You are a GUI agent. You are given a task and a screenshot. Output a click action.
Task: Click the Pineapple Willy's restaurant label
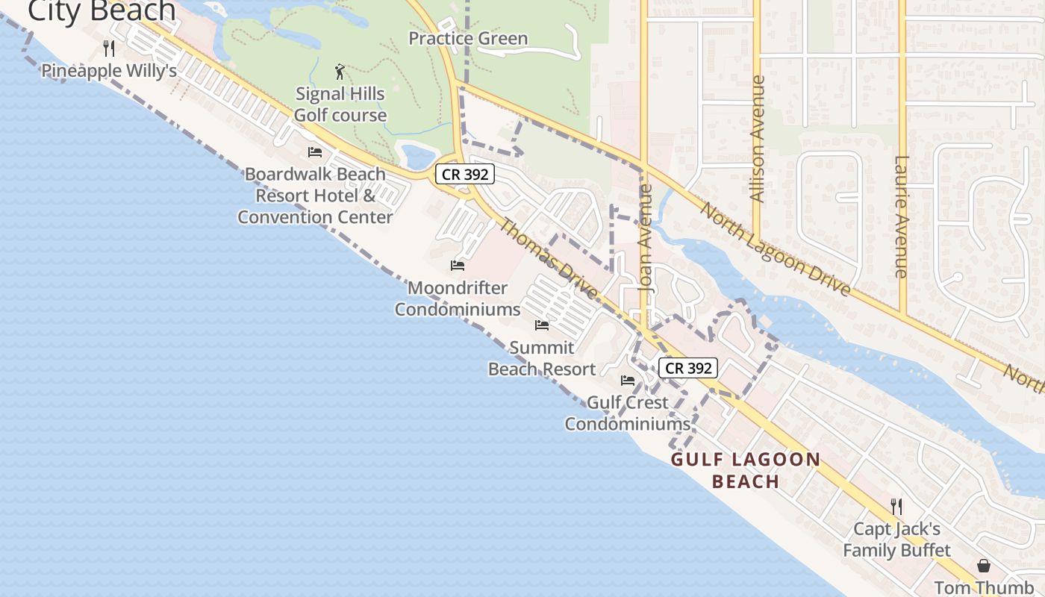pos(109,71)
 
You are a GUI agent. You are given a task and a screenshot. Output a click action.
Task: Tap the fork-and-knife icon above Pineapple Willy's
pos(109,49)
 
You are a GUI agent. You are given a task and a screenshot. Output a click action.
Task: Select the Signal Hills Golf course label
pos(340,104)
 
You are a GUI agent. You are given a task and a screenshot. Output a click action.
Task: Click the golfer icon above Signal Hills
pos(340,72)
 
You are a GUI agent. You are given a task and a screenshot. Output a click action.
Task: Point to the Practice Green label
pos(468,39)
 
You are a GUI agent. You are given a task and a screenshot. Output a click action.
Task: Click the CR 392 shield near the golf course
pos(465,174)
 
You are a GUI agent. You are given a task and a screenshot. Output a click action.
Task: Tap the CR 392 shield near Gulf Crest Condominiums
pos(687,368)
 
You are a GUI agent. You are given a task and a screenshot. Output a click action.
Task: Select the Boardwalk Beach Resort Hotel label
pos(315,196)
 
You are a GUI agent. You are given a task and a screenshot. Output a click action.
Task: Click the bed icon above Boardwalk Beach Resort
pos(315,152)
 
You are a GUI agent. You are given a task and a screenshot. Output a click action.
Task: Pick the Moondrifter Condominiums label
pos(458,298)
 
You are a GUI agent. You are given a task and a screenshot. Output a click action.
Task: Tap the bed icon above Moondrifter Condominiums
pos(458,266)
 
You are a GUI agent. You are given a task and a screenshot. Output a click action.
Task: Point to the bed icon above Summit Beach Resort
pos(542,325)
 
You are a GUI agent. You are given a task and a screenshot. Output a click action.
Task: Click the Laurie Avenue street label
pos(902,216)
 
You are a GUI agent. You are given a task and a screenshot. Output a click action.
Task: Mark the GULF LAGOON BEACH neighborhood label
pos(746,470)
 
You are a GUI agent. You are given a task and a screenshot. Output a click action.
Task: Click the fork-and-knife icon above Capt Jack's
pos(896,507)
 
